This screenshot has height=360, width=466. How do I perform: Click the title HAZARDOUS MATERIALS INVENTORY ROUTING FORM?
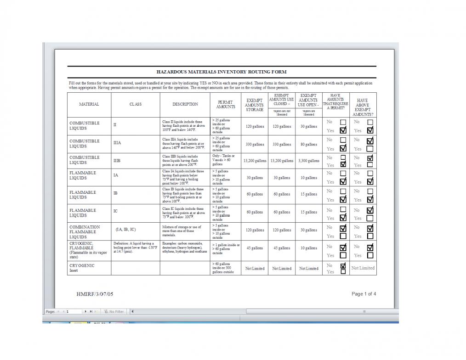pos(221,72)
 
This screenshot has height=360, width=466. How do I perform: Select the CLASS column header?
pos(136,104)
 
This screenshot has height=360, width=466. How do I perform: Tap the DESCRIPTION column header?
pos(185,104)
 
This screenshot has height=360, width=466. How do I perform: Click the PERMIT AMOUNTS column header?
pos(225,104)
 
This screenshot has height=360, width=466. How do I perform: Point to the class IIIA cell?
pos(117,143)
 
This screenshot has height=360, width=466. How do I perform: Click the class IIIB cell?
pos(117,161)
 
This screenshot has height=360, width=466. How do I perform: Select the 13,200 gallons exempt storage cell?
pos(255,161)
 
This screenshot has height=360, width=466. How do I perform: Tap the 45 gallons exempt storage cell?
pos(255,248)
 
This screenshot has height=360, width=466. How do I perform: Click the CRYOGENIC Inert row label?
pos(82,268)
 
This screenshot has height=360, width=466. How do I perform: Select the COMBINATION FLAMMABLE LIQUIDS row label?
pos(85,232)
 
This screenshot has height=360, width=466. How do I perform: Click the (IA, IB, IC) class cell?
pos(125,229)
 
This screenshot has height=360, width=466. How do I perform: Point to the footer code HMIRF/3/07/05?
pos(95,294)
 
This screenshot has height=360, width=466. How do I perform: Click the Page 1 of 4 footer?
pos(364,294)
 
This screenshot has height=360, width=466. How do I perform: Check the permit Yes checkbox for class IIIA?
pos(343,148)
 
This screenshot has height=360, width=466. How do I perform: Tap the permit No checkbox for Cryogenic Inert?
pos(343,265)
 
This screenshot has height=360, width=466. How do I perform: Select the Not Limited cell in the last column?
pos(363,268)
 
